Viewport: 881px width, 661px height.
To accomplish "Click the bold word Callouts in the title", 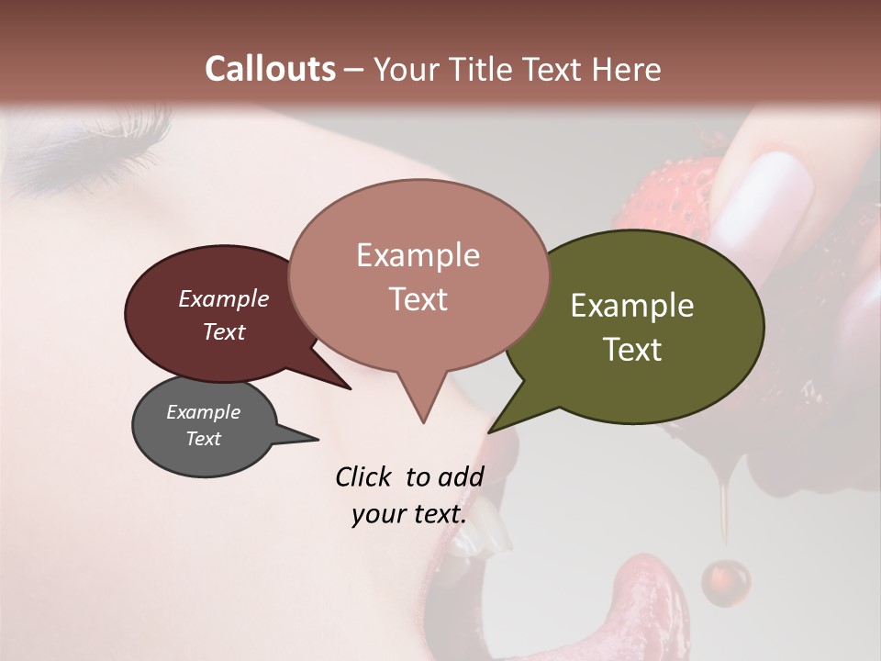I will (x=270, y=69).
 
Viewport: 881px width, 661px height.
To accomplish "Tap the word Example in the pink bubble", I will (x=418, y=255).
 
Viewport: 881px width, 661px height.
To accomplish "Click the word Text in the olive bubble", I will (x=632, y=350).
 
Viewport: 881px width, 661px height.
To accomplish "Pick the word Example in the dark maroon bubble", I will (x=223, y=298).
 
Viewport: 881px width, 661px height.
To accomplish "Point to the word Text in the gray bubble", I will (x=204, y=439).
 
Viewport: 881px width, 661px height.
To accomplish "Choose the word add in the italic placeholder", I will (x=461, y=476).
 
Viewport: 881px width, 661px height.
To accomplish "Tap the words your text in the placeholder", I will (x=408, y=514).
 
